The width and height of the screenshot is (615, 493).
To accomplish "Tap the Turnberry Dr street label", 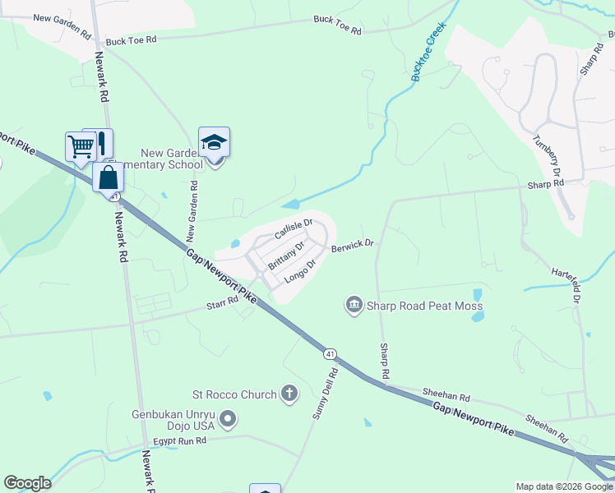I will tap(546, 156).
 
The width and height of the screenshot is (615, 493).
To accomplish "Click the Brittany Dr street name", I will tap(287, 252).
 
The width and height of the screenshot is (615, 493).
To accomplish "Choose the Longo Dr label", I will tap(300, 272).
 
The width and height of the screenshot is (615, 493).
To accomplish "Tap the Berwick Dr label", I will tap(352, 245).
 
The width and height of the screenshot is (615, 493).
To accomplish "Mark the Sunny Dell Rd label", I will tap(325, 394).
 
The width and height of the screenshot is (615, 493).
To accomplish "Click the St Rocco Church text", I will tap(234, 394).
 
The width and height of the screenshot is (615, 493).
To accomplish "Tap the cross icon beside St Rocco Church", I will tap(289, 394).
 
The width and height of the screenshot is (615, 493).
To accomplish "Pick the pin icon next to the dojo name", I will tap(229, 422).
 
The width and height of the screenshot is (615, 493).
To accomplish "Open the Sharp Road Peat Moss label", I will tap(425, 306).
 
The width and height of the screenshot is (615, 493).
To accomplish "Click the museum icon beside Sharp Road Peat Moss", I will tap(354, 306).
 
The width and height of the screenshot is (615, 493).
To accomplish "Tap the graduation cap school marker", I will tap(214, 143).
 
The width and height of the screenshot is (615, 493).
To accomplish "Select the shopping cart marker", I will tap(81, 147).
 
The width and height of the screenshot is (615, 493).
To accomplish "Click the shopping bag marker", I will tap(108, 177).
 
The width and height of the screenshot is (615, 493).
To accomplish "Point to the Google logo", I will tap(27, 483).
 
